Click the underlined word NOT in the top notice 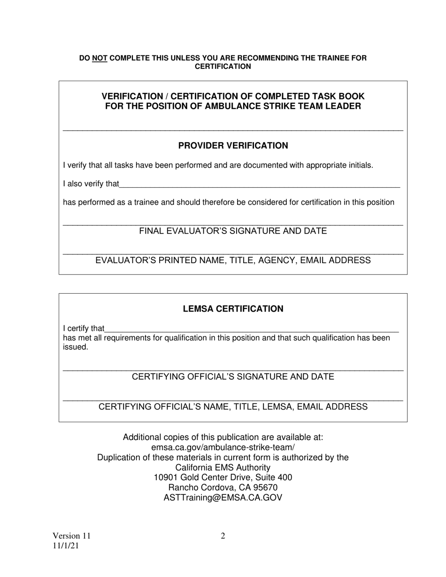100,58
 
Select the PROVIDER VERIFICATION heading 233,146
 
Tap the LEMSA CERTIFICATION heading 233,309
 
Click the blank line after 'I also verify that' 259,185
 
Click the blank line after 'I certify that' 251,329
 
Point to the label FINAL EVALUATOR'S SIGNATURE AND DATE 233,231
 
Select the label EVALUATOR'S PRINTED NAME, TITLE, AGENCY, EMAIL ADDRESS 233,260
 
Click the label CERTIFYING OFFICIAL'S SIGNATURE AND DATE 233,377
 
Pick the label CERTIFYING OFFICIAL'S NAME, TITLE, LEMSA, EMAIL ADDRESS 233,407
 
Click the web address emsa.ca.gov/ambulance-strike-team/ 223,448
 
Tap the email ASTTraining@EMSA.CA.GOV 223,498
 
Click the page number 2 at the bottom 223,536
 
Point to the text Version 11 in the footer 71,536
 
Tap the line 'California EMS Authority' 223,468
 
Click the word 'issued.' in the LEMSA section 76,348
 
